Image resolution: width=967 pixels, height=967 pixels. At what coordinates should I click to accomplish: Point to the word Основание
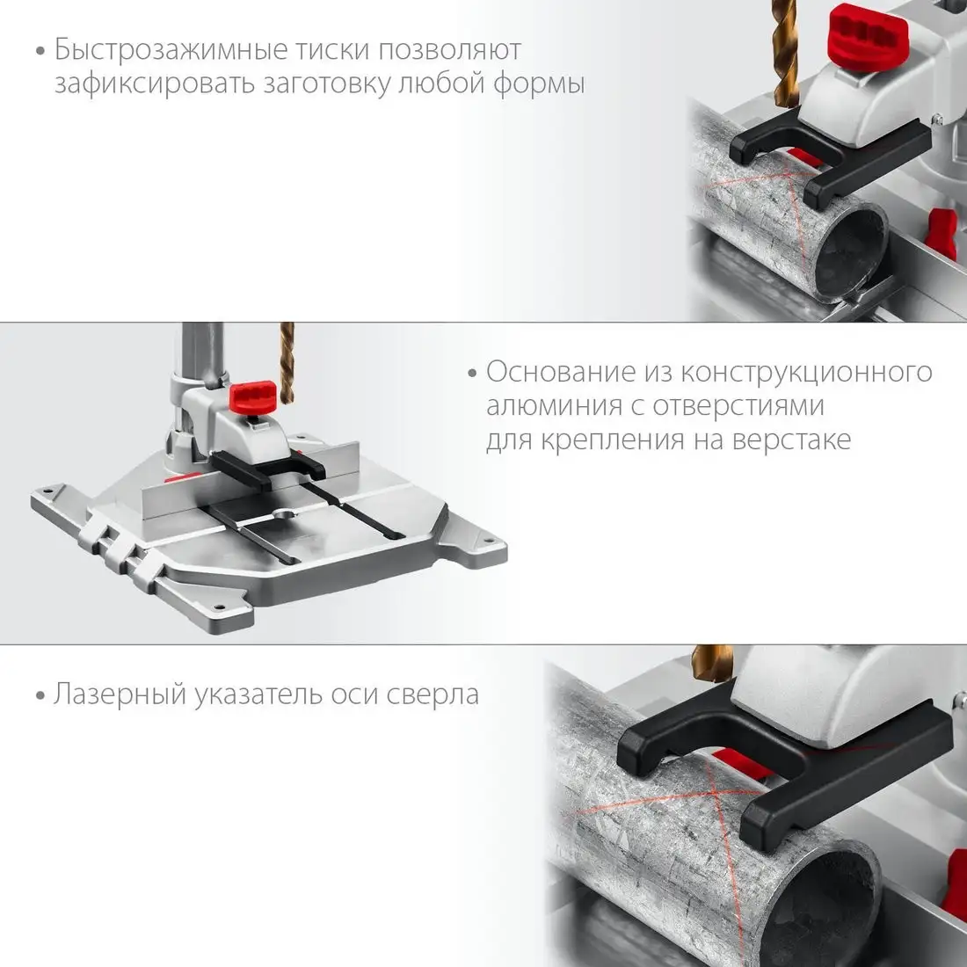pyautogui.click(x=561, y=372)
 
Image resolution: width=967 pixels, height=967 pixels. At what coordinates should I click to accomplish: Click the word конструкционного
pyautogui.click(x=807, y=373)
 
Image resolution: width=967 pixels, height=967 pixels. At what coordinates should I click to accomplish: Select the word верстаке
pyautogui.click(x=792, y=440)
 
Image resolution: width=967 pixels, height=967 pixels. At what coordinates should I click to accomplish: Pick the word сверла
pyautogui.click(x=433, y=695)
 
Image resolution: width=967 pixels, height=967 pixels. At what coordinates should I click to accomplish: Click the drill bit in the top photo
pyautogui.click(x=784, y=54)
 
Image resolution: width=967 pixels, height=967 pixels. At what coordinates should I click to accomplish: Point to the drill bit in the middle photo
pyautogui.click(x=287, y=363)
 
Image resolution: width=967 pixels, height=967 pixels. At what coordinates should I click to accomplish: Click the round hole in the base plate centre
pyautogui.click(x=284, y=513)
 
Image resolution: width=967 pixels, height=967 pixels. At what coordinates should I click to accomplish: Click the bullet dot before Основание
pyautogui.click(x=472, y=373)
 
